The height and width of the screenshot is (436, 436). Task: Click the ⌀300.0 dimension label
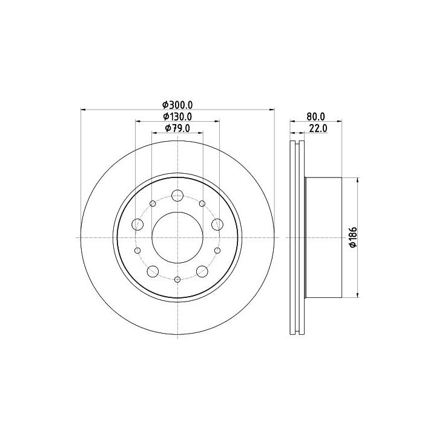coord(177,105)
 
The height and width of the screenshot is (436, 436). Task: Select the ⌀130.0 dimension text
coord(177,116)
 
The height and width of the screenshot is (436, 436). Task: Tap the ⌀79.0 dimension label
coord(177,128)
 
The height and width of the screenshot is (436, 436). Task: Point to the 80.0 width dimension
coord(315,116)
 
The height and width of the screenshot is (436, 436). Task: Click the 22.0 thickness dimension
coord(318,128)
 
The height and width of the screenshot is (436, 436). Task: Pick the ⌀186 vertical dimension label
coord(353,237)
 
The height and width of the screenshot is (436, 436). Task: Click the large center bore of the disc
coord(177,237)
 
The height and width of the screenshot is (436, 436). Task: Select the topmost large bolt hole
coord(177,196)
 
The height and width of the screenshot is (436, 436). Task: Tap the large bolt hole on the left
coord(137,225)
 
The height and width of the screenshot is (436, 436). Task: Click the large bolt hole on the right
coord(217,225)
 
